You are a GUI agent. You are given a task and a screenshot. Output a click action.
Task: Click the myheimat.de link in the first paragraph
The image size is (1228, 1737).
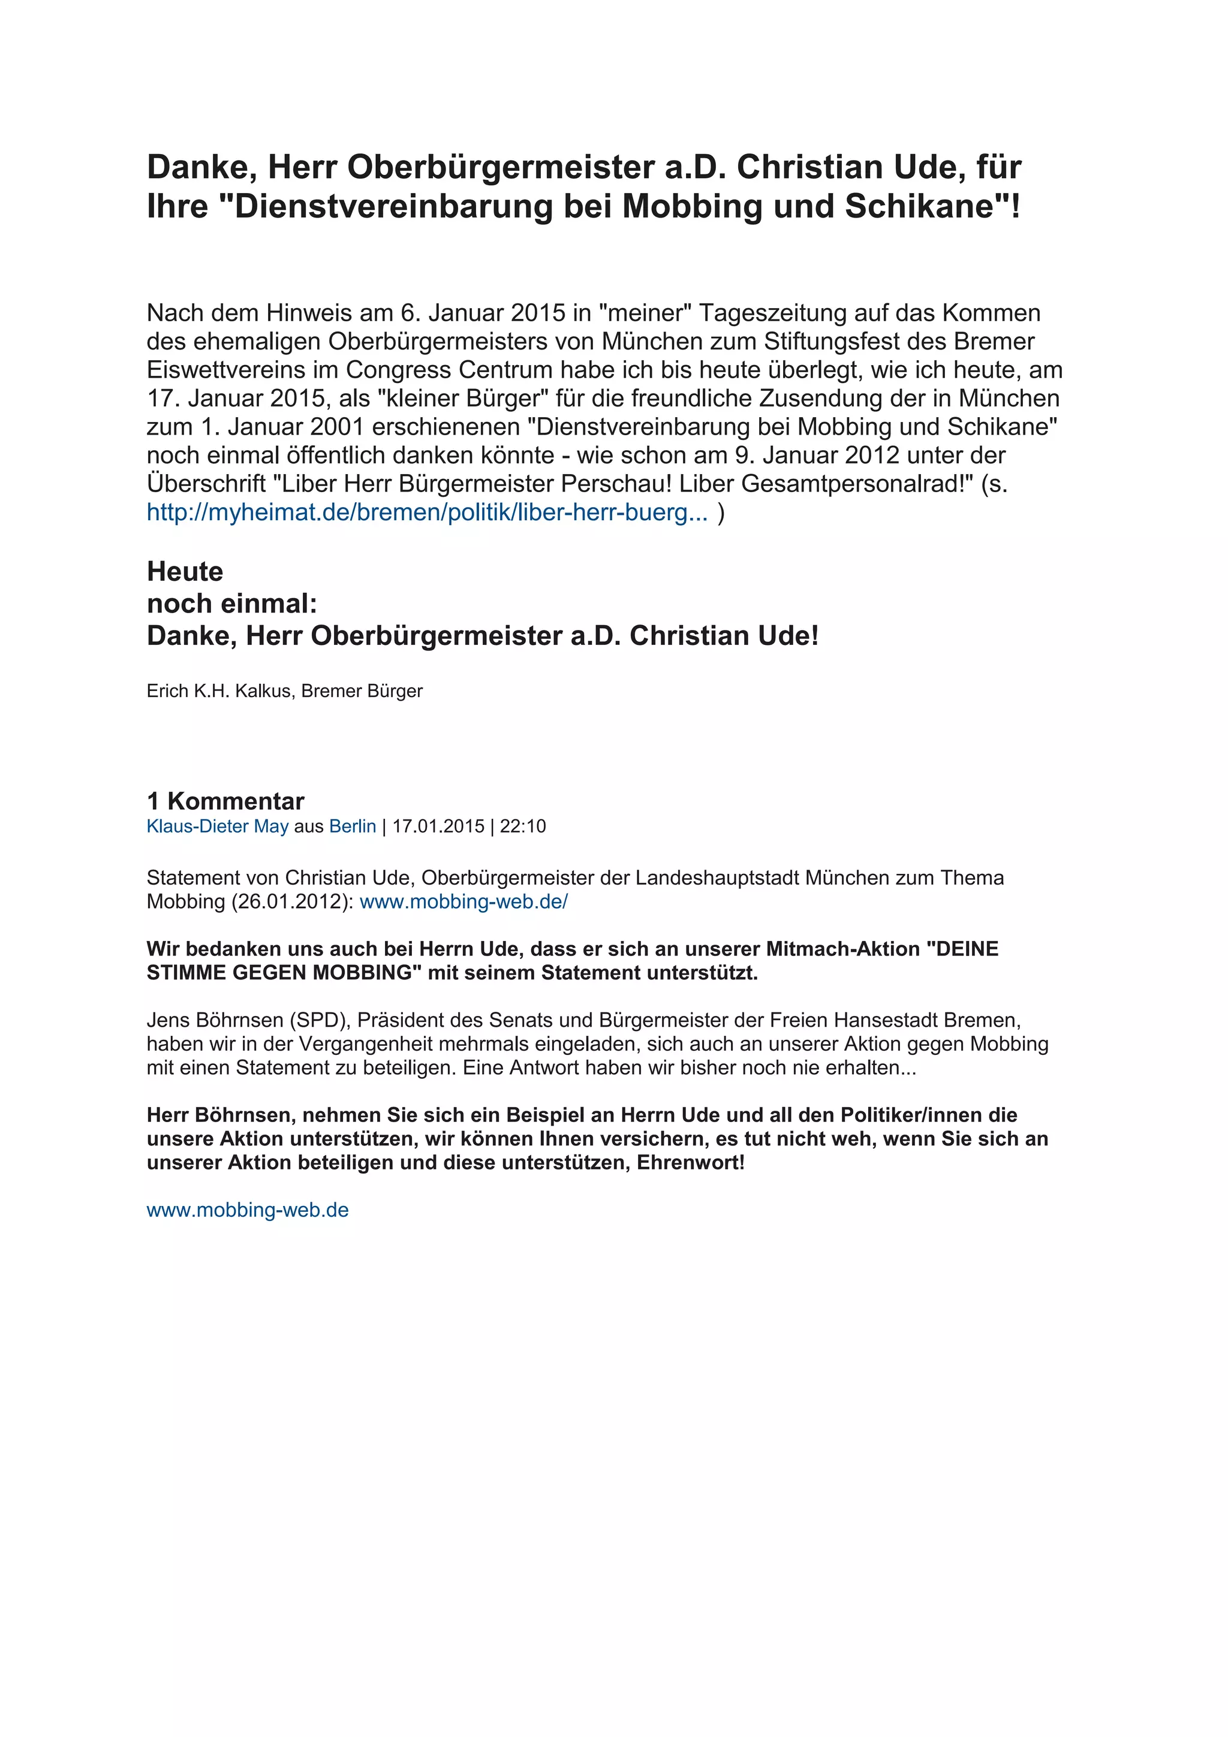click(428, 512)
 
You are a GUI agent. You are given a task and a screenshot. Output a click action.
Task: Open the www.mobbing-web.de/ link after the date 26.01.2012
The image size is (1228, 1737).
click(463, 902)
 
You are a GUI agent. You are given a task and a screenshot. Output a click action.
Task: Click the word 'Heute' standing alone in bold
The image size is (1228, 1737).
click(185, 571)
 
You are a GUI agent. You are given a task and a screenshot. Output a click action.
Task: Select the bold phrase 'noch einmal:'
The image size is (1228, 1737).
click(231, 604)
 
